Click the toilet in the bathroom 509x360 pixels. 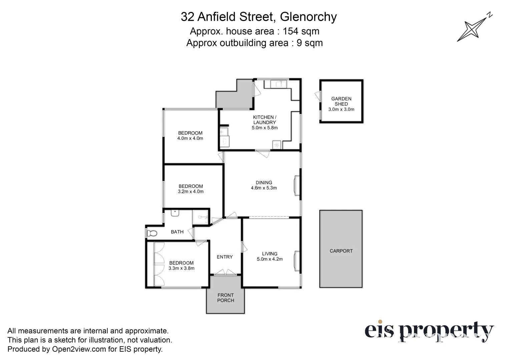point(151,233)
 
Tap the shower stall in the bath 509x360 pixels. point(200,217)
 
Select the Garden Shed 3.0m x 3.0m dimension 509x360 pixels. point(341,109)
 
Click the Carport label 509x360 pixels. point(341,251)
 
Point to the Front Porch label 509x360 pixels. point(225,298)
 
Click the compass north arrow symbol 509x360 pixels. point(474,28)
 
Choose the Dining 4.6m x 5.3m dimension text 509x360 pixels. point(264,188)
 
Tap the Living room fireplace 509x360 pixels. point(296,261)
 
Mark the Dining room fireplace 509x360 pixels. point(296,185)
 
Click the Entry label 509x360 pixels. point(224,257)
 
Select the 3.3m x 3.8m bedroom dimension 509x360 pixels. point(181,268)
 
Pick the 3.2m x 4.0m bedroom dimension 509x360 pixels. point(190,192)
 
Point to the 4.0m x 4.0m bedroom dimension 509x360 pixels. point(190,138)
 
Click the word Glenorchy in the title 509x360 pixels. point(308,17)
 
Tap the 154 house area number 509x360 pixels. point(291,31)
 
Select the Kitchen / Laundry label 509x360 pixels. point(265,120)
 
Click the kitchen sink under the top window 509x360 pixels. point(279,83)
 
